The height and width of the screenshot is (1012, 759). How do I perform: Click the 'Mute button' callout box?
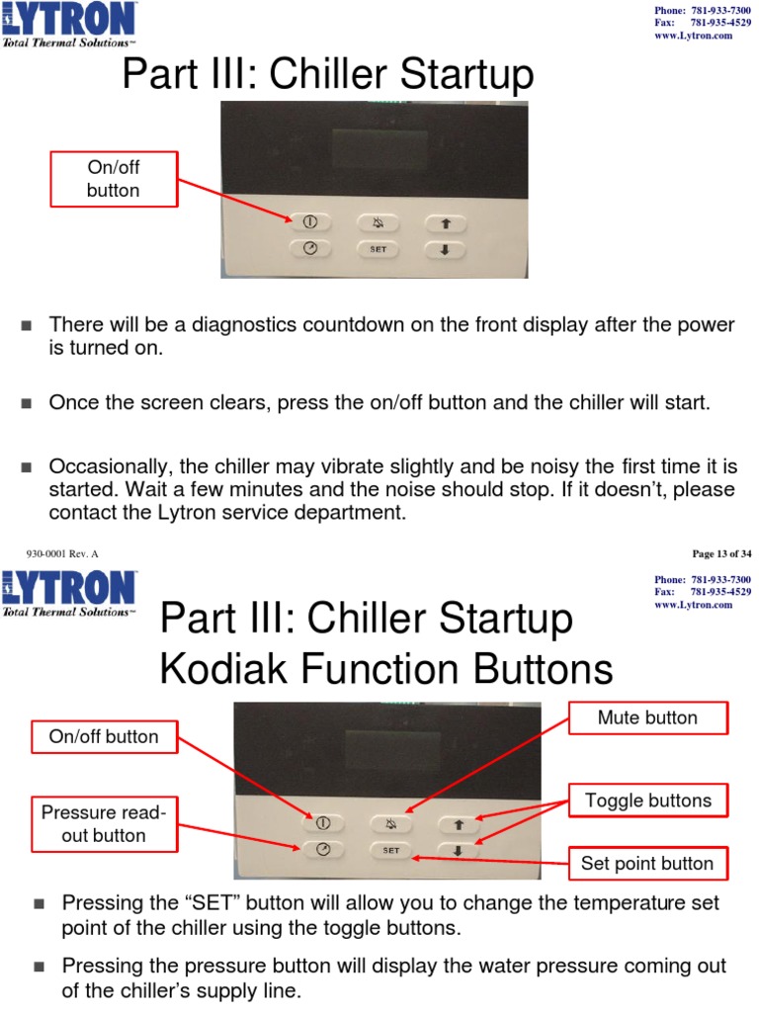(647, 717)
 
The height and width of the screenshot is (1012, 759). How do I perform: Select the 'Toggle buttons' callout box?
(647, 800)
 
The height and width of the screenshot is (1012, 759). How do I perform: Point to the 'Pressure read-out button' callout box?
(105, 824)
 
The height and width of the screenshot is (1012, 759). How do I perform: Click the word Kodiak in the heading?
(224, 671)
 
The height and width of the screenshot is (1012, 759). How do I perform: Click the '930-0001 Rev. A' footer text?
(61, 553)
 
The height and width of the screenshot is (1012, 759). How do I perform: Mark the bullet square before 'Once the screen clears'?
(27, 402)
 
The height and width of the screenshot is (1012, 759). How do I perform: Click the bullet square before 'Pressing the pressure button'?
(40, 966)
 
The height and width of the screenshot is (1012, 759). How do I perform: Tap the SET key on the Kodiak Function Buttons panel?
(390, 849)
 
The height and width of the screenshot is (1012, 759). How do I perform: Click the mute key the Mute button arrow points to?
(390, 822)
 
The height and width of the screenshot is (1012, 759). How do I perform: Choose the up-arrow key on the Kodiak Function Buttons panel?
(458, 822)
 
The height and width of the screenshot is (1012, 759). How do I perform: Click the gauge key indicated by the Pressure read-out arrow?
(322, 849)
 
